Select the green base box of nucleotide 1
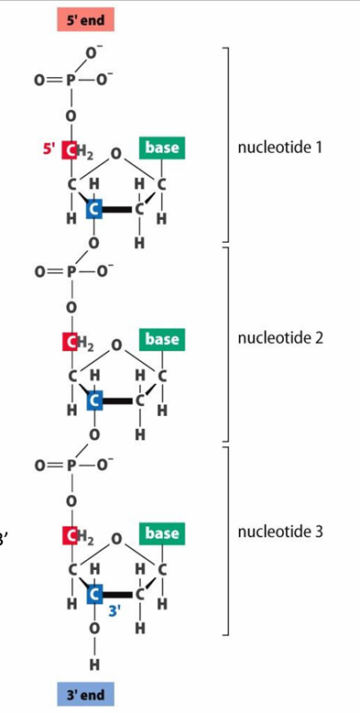point(161,148)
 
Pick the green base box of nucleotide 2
point(161,339)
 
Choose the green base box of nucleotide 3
point(161,532)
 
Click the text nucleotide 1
point(279,148)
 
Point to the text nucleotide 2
point(279,338)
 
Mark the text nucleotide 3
point(279,532)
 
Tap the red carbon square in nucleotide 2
point(70,342)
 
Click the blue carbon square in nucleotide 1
point(93,210)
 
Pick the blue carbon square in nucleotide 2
point(93,401)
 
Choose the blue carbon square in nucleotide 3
point(93,595)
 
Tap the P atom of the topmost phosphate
point(70,79)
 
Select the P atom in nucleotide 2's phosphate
point(70,271)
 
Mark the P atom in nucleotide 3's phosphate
point(70,465)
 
